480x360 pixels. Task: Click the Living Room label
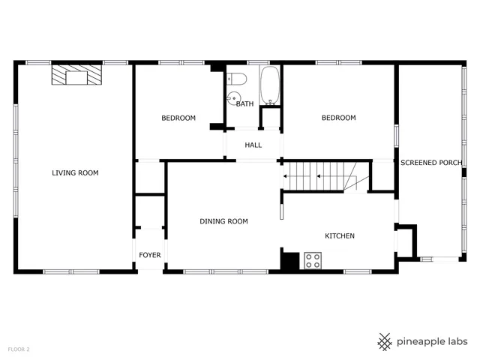[75, 173]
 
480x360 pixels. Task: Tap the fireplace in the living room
[76, 75]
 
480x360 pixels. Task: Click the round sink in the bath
[234, 97]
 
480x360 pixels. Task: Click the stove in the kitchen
[313, 260]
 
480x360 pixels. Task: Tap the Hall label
[253, 145]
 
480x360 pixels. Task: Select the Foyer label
[150, 256]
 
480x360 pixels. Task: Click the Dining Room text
[223, 221]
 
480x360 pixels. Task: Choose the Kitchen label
[339, 236]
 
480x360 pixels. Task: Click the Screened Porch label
[430, 162]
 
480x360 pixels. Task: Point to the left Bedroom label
[178, 118]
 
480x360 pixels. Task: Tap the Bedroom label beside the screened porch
[338, 118]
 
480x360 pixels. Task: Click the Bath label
[245, 104]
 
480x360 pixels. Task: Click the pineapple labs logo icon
[385, 341]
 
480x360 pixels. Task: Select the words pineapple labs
[433, 341]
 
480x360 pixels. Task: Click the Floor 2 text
[19, 349]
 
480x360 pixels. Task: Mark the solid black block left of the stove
[290, 259]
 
